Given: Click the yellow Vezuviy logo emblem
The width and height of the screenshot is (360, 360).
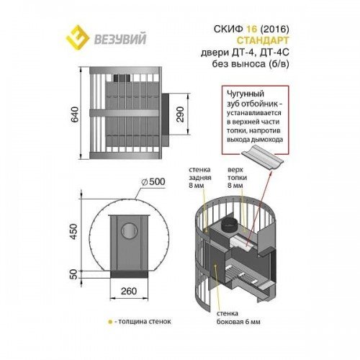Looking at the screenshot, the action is point(78,37).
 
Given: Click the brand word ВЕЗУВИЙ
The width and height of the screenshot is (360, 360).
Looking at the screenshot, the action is point(120,39).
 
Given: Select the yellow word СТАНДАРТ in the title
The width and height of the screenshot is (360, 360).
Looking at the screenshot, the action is point(263,40).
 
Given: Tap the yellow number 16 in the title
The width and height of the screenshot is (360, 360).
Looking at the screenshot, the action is point(251,29).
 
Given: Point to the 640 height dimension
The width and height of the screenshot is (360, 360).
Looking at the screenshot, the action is point(75,114).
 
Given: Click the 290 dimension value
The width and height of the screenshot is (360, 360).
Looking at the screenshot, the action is point(180,114).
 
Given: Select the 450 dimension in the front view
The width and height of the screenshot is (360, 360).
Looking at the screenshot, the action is point(75,231).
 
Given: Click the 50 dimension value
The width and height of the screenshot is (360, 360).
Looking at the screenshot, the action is point(75,274).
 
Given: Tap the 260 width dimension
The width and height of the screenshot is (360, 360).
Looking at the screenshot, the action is point(129,291).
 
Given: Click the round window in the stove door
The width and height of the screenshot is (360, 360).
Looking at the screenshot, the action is point(130,230).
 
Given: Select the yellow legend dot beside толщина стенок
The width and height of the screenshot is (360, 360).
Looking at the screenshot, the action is point(110,322).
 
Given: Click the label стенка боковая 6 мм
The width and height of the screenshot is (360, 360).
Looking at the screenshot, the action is point(238,318).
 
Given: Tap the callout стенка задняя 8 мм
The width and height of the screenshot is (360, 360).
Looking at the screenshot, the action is point(199,178).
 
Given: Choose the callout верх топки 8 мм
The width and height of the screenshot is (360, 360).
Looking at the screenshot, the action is point(237,178).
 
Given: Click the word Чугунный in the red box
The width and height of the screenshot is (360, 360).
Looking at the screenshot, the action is point(246,94).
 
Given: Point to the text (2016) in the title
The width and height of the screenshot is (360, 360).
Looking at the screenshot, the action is point(274,29).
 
